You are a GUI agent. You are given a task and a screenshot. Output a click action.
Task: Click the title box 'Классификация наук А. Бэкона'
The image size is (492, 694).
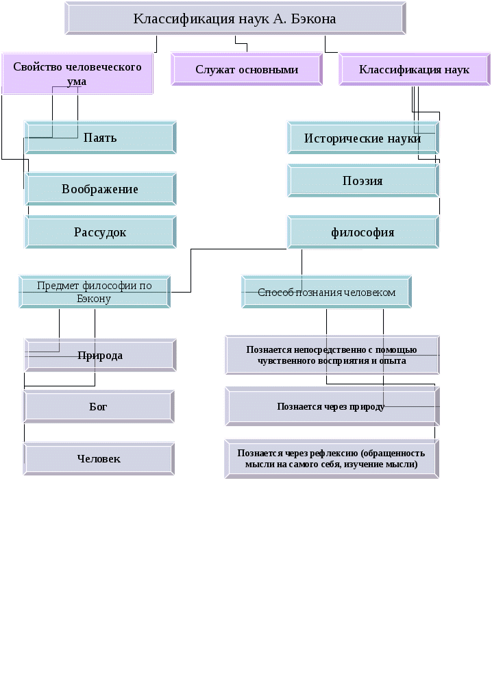235,18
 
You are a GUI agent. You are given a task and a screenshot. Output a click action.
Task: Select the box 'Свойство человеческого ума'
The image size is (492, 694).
77,73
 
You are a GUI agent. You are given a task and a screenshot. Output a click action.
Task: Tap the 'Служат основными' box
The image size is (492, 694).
247,69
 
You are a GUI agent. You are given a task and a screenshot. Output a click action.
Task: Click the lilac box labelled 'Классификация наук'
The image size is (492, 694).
414,69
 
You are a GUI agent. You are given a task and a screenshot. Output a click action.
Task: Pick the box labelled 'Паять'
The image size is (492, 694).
101,138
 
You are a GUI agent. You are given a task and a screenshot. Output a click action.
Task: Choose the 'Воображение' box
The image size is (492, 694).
101,189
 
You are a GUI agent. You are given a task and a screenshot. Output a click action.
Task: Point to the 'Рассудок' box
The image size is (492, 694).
101,232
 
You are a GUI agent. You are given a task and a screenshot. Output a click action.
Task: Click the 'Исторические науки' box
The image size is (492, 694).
362,138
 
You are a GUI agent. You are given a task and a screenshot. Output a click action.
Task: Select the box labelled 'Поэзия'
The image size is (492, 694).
362,181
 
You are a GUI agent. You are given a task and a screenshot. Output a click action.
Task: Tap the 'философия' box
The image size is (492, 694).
362,232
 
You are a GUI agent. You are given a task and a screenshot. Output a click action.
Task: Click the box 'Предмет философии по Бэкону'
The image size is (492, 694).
95,292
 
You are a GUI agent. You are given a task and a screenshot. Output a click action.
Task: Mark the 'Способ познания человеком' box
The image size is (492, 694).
327,292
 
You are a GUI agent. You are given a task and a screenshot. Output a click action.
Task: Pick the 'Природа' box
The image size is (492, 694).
100,356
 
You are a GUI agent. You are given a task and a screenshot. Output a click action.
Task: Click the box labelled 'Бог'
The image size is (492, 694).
99,407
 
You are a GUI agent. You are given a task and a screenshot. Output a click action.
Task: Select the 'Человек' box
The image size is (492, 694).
99,458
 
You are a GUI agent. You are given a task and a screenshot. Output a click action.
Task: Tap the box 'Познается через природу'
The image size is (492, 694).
332,406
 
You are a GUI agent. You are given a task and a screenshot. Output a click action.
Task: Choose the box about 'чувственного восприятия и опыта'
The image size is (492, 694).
332,355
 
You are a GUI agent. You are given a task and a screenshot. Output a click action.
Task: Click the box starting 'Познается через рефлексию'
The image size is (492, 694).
332,458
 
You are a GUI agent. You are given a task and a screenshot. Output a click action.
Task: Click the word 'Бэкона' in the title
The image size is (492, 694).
312,18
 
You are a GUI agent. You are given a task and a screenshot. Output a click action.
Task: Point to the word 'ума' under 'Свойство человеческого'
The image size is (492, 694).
77,81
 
